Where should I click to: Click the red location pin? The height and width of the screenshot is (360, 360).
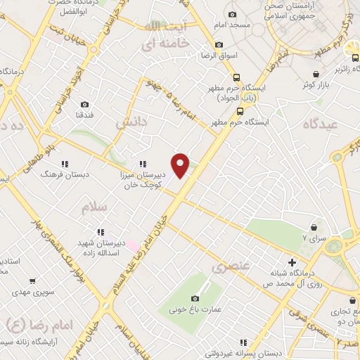pos(181,165)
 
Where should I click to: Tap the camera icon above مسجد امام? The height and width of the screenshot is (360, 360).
pos(231,14)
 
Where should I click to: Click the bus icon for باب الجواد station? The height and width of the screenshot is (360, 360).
pos(237,79)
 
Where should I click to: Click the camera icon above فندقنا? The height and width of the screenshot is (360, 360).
pos(84,105)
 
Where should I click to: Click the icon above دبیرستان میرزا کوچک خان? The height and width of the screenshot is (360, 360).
pos(143,164)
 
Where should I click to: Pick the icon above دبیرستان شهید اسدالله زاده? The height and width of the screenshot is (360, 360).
pos(101,231)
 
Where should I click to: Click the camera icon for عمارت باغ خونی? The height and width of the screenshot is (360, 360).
pos(195,298)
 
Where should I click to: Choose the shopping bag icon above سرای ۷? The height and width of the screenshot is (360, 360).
pos(314,228)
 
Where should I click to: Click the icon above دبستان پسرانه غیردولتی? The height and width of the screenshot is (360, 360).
pos(243,343)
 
